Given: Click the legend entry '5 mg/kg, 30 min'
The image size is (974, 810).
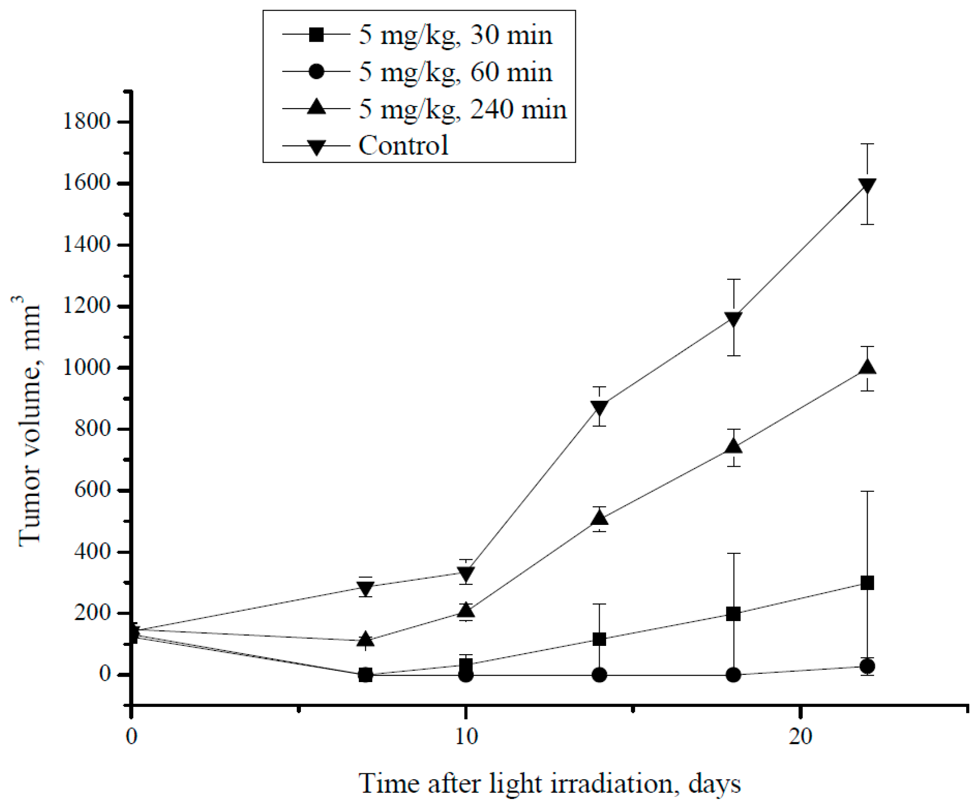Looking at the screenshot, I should [x=455, y=35].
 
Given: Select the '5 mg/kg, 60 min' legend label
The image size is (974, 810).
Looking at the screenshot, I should [x=455, y=72].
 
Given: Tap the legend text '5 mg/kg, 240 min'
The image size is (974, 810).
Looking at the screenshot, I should [x=462, y=109].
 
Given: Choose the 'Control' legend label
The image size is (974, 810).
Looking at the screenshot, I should [x=403, y=145].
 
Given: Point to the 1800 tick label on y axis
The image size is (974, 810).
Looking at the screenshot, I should [x=87, y=122].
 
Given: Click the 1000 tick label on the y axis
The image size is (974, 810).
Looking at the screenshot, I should [x=87, y=368].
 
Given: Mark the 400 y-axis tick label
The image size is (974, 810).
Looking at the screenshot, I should [x=92, y=552].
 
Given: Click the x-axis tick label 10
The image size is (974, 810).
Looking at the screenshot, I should [x=466, y=736].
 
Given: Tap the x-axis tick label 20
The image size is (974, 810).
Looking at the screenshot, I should [x=801, y=736].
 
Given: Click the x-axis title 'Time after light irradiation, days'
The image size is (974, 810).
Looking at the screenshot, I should [x=550, y=784].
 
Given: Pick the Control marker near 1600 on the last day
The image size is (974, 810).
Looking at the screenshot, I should [x=867, y=186].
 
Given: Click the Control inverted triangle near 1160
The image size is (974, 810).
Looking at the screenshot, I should [x=733, y=319].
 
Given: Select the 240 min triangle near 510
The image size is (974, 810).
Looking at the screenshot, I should [x=599, y=517].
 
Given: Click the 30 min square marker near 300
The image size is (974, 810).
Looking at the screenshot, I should [x=867, y=583].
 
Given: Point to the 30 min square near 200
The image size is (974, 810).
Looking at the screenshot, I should [x=733, y=614].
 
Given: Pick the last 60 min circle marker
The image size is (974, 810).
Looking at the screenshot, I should [x=867, y=667].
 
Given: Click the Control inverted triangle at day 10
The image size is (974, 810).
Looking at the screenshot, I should [x=466, y=573].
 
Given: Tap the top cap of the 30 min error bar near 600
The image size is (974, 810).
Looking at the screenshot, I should [x=867, y=491].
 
